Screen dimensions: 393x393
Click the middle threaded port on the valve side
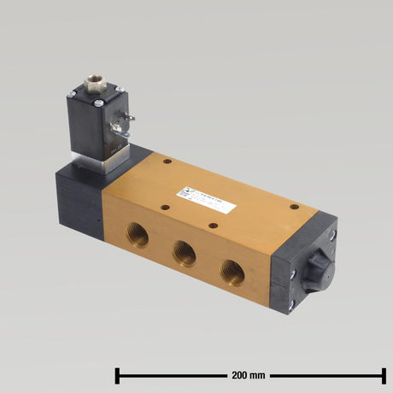pyautogui.click(x=184, y=252)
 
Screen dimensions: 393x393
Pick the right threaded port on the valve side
pyautogui.click(x=232, y=272)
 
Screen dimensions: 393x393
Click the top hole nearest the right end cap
pyautogui.click(x=294, y=206)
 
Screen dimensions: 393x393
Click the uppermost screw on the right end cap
pyautogui.click(x=332, y=233)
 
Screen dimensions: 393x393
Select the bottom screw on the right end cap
pyautogui.click(x=291, y=303)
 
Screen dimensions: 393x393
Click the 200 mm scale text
pyautogui.click(x=249, y=373)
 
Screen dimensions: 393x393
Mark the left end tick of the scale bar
pyautogui.click(x=117, y=373)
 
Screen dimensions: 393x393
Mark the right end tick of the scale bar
pyautogui.click(x=383, y=373)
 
